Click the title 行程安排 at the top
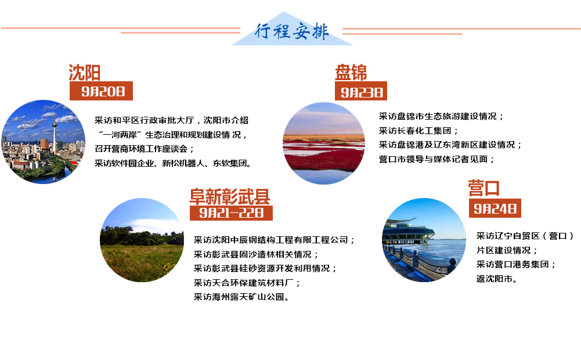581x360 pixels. click(291, 31)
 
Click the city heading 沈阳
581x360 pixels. click(85, 73)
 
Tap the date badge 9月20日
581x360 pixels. click(101, 91)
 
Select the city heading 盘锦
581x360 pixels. click(351, 73)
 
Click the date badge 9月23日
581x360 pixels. click(361, 91)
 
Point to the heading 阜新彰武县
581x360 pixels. click(230, 196)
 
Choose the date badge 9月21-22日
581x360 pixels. click(231, 213)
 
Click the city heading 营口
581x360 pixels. click(484, 188)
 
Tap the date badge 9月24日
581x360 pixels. click(495, 208)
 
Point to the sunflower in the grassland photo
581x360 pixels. click(168, 267)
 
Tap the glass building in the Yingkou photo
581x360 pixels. click(407, 232)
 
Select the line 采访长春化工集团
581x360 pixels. click(418, 131)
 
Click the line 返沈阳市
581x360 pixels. click(496, 279)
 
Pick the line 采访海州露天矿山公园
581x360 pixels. click(241, 297)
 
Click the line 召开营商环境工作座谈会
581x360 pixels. click(144, 149)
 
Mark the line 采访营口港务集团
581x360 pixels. click(516, 264)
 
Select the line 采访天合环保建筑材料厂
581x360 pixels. click(247, 283)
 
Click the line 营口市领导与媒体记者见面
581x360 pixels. click(436, 160)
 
